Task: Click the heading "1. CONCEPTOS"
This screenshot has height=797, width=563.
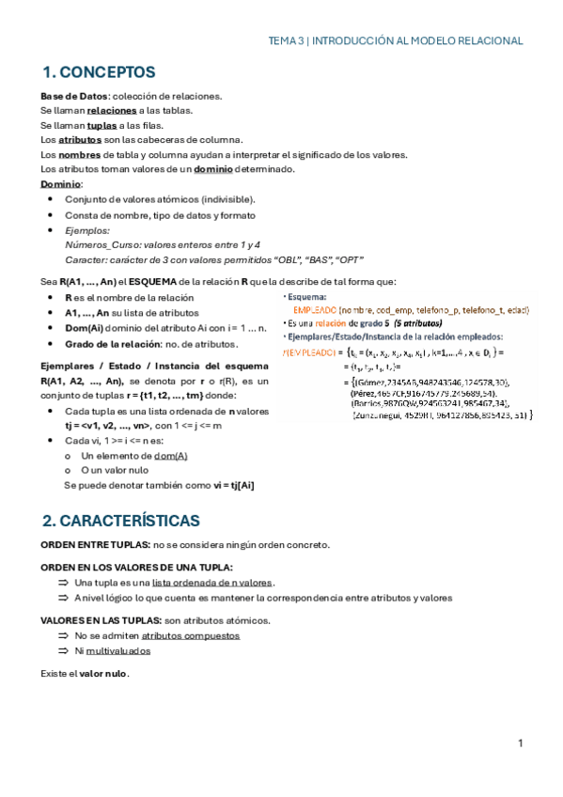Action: (x=99, y=72)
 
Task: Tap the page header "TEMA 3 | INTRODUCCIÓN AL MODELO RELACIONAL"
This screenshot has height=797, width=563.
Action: (x=396, y=41)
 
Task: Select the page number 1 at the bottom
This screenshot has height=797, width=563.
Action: (x=520, y=744)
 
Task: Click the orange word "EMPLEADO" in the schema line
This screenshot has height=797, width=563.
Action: (x=315, y=309)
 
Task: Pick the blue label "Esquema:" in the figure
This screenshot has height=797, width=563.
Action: (x=307, y=297)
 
